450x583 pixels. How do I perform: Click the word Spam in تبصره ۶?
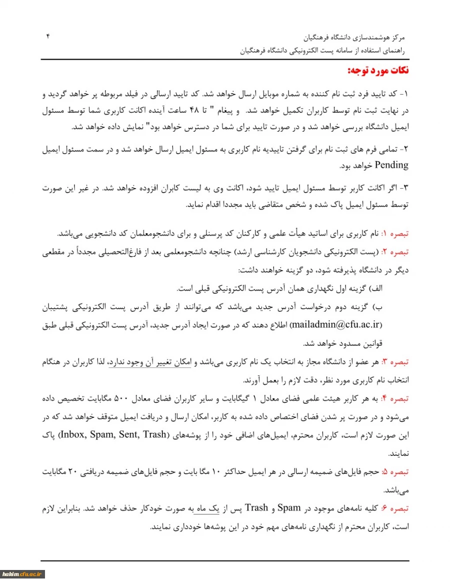tap(288, 508)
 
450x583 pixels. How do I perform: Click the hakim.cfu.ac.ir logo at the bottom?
tap(23, 574)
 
